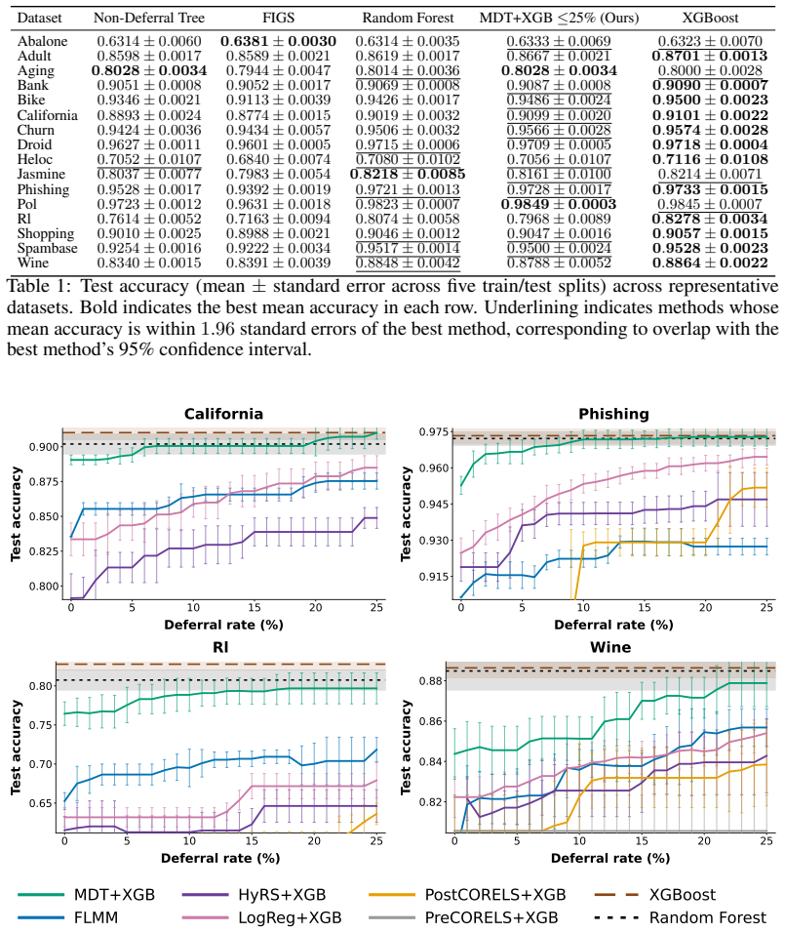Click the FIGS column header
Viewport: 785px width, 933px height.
coord(278,18)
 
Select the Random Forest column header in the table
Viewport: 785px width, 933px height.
coord(408,18)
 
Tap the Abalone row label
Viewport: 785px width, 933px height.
coord(42,41)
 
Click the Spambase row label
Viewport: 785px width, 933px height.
coord(47,248)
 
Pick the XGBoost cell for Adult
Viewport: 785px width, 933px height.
coord(710,56)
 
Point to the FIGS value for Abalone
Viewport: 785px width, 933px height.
coord(278,41)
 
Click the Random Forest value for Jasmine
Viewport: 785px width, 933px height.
coord(408,175)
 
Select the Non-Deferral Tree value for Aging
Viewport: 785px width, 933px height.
coord(149,71)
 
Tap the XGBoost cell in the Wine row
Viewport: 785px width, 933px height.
coord(710,263)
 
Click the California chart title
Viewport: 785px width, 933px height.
coord(223,414)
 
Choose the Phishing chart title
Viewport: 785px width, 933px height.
coord(613,414)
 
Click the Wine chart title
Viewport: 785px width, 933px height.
coord(610,647)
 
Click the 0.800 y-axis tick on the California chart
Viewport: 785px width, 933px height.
coord(44,587)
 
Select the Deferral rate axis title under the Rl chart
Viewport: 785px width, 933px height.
coord(220,858)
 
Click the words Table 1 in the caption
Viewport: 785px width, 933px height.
coord(37,286)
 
